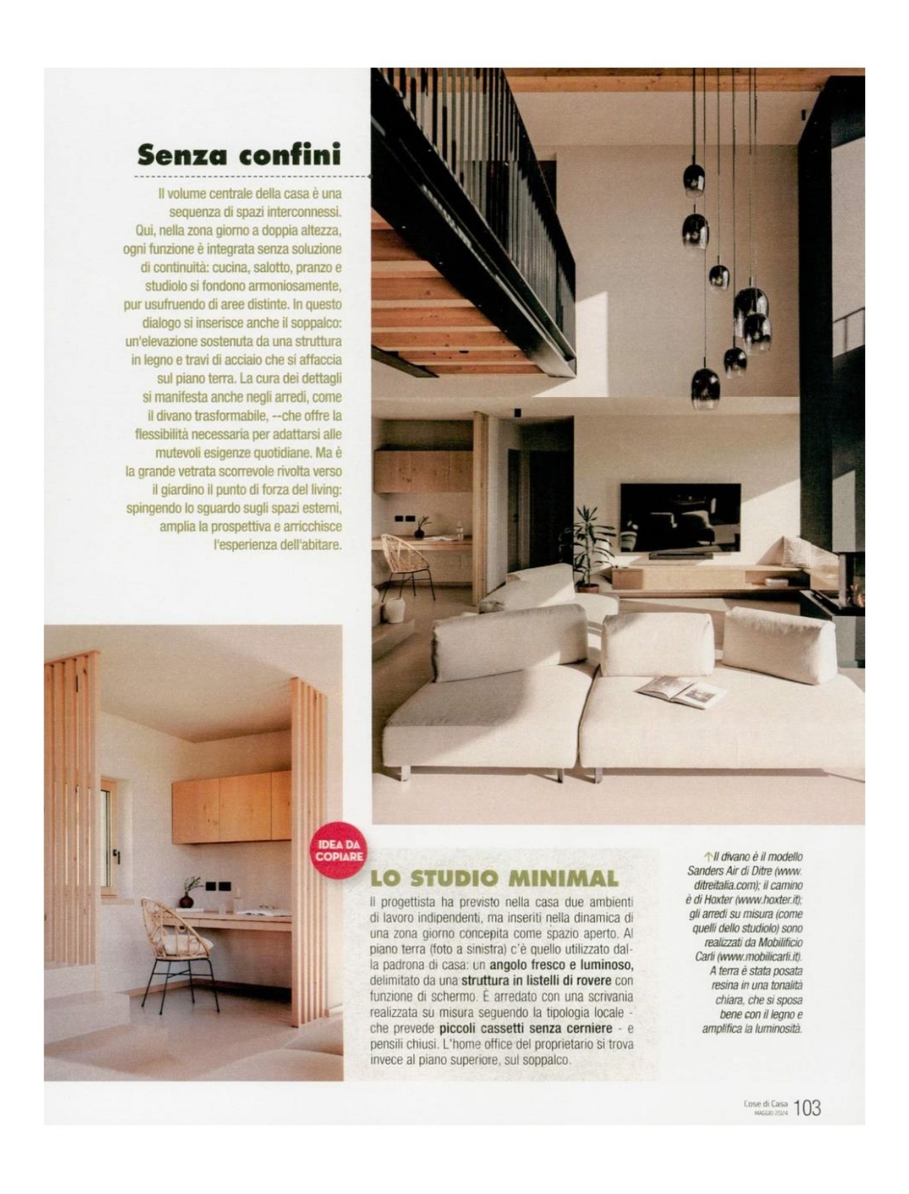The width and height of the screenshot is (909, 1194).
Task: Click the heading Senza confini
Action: pos(239,154)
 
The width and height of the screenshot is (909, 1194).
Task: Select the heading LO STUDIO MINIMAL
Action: pos(494,878)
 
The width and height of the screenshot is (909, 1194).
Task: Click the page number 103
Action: pos(807,1107)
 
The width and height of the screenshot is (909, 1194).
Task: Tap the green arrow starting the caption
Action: pos(708,857)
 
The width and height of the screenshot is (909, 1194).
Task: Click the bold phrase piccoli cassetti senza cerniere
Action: pos(524,1028)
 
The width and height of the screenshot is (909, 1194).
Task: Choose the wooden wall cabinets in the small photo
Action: pos(230,807)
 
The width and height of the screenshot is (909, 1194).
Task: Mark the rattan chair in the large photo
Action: pos(405,563)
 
